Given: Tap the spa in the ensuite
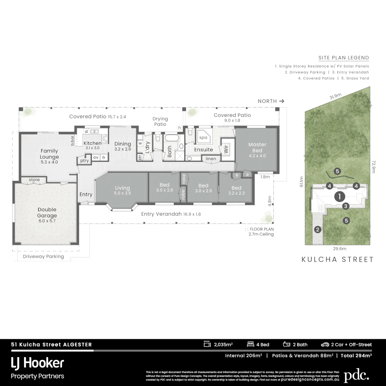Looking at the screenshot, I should point(203,137).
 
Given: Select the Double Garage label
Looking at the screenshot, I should point(47,213).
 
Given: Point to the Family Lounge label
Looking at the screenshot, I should point(49,156).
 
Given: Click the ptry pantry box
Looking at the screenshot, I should point(84,161).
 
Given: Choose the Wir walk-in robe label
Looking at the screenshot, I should point(226,149).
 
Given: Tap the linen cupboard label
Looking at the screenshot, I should point(211,158).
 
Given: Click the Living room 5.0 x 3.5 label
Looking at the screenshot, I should point(122,190).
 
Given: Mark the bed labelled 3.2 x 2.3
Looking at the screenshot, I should point(236,190).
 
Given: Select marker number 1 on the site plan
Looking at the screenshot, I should point(339,196).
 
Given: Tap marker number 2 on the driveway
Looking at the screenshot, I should point(317,230).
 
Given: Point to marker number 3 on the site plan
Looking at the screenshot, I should point(346,206).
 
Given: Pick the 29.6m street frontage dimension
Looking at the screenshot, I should point(340,249).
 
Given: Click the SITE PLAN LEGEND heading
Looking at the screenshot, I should point(343,58).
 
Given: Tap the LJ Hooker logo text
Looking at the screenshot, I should point(38,363).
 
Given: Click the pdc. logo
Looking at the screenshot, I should point(356,376).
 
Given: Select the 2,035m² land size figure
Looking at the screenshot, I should point(223,345).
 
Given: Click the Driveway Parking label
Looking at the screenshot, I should point(43,256).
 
